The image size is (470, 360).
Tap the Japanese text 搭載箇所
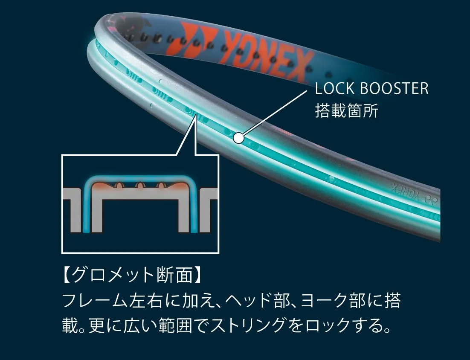[346, 110]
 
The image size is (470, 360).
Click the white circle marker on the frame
[238, 138]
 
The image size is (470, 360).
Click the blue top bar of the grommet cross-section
[140, 177]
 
